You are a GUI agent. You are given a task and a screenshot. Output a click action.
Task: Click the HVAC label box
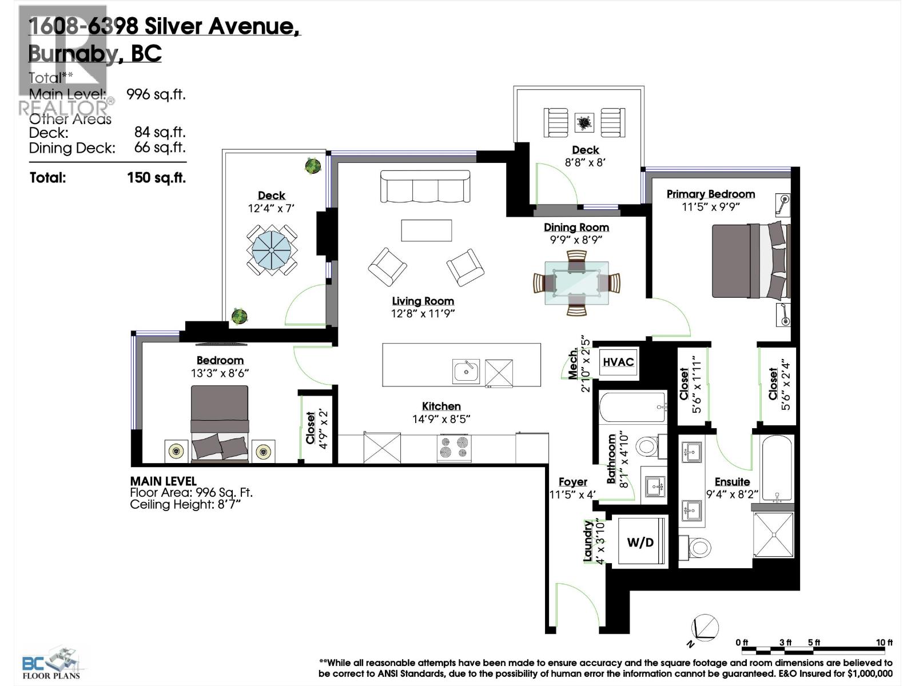tap(618, 362)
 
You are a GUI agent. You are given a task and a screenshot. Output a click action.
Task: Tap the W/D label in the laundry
tap(640, 542)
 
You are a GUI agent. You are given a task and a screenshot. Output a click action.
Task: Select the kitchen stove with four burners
tap(455, 448)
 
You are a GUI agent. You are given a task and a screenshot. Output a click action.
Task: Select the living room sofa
tap(425, 186)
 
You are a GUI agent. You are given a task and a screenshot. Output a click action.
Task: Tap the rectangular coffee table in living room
tap(426, 230)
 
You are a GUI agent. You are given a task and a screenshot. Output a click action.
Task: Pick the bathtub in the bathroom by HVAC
tap(632, 407)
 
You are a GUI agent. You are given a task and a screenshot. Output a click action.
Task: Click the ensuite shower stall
tap(773, 535)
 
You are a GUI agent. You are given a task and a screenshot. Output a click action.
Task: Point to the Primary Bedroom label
tap(710, 194)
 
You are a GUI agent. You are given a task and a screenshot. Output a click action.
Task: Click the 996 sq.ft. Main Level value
tap(156, 94)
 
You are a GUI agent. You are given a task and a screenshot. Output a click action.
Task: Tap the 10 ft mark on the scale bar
tap(884, 643)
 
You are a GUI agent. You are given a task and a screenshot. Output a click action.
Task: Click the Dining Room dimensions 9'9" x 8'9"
tap(576, 240)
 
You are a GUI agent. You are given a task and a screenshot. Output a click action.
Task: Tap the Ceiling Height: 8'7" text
tap(185, 504)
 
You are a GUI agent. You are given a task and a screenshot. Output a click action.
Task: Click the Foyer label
tap(572, 482)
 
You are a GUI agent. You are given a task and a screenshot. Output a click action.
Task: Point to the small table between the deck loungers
tap(584, 122)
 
